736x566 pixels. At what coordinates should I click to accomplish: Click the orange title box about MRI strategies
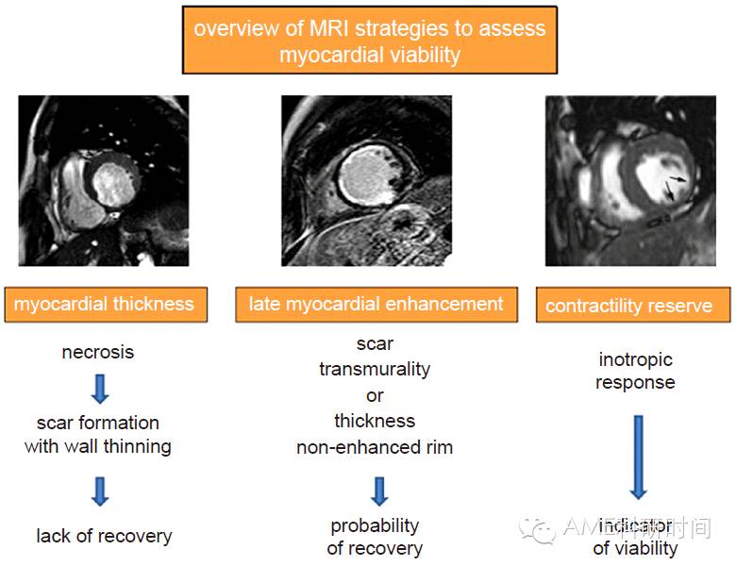point(369,41)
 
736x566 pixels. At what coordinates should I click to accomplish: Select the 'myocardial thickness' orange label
point(104,304)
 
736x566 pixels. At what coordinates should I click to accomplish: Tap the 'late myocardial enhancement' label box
point(376,304)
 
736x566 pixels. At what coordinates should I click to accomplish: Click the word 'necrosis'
point(98,352)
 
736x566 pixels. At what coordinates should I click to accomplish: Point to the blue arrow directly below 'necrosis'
point(99,388)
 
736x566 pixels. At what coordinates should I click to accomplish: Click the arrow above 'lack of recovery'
point(99,491)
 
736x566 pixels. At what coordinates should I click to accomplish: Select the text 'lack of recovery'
point(104,536)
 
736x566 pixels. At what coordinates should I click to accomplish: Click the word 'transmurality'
point(375,369)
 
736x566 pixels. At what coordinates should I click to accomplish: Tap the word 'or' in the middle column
point(375,394)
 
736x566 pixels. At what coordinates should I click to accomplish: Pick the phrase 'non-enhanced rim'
point(375,447)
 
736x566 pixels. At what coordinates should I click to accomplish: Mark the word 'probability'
point(375,525)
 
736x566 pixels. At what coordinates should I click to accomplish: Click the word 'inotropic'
point(636,359)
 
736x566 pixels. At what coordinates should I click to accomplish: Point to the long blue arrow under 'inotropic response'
point(638,455)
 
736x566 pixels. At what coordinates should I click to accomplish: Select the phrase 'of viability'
point(635,547)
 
